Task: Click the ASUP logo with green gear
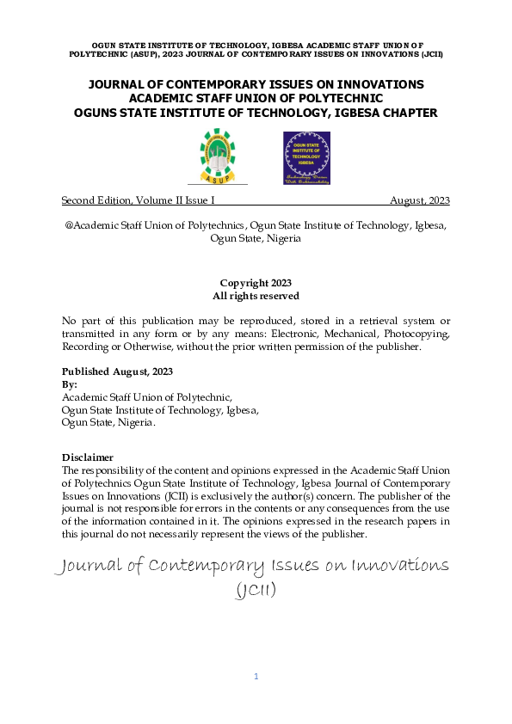click(x=216, y=155)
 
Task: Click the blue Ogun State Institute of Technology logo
click(x=307, y=158)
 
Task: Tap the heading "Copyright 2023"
click(x=256, y=283)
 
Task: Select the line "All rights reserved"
click(x=256, y=296)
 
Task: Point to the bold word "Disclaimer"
click(x=88, y=457)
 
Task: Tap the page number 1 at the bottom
click(x=256, y=677)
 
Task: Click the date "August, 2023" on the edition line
click(x=419, y=200)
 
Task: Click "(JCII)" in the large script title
click(x=256, y=591)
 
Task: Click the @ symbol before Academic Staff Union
click(x=69, y=225)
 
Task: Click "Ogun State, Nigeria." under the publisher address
click(x=108, y=422)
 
